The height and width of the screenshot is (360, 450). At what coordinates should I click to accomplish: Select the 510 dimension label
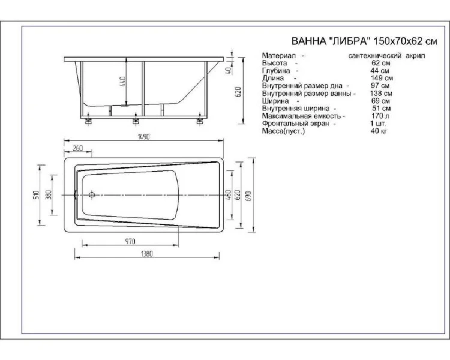[37, 194]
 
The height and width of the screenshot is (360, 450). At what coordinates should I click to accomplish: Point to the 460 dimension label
[229, 194]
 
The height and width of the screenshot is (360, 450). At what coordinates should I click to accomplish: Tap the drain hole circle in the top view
[92, 194]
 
